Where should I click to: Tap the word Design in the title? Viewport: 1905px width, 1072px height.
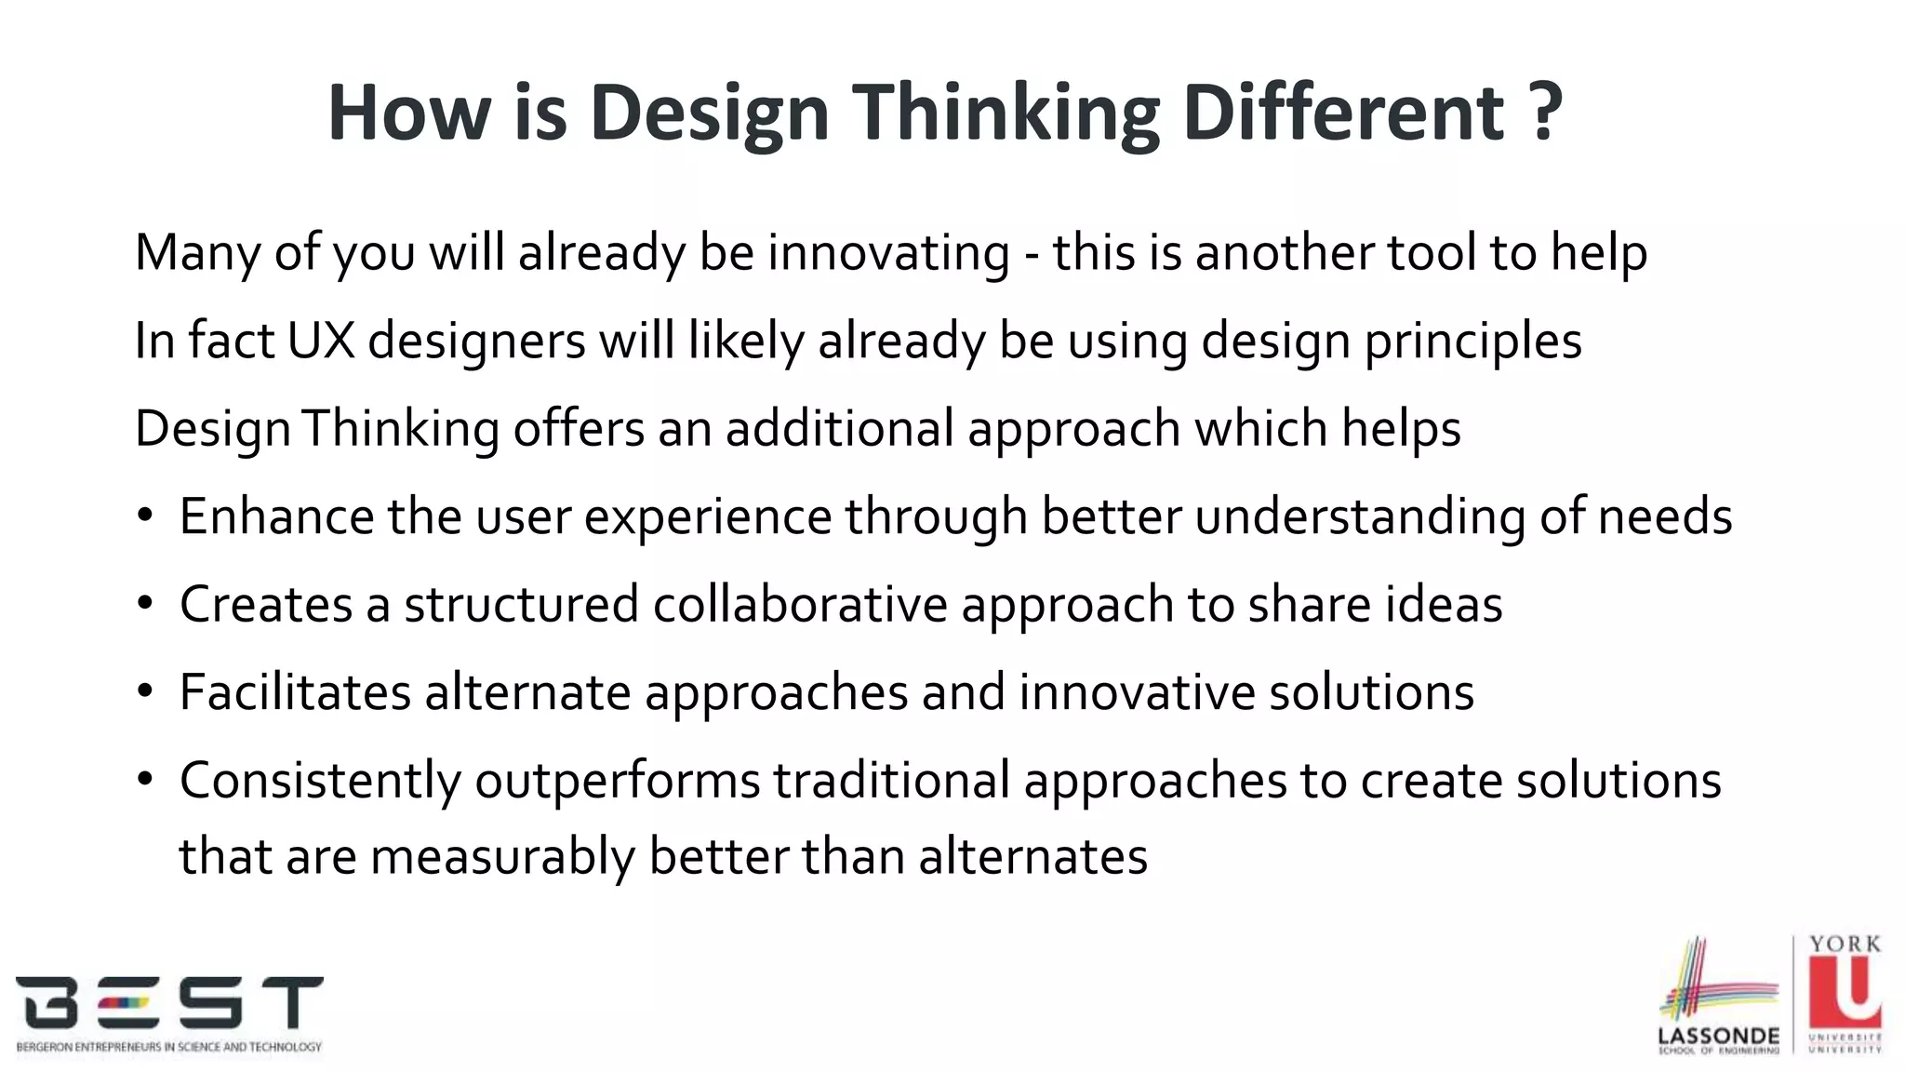(709, 114)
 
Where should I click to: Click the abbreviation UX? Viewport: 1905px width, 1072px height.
(321, 341)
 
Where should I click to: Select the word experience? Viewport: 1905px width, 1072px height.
(708, 518)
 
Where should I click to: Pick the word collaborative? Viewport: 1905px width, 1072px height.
(799, 605)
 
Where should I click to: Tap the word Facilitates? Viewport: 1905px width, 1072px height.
(295, 692)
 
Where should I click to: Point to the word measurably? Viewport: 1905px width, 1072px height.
(502, 857)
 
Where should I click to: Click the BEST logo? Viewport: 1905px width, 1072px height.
(169, 1012)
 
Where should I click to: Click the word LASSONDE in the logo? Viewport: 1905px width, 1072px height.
(1718, 1036)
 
